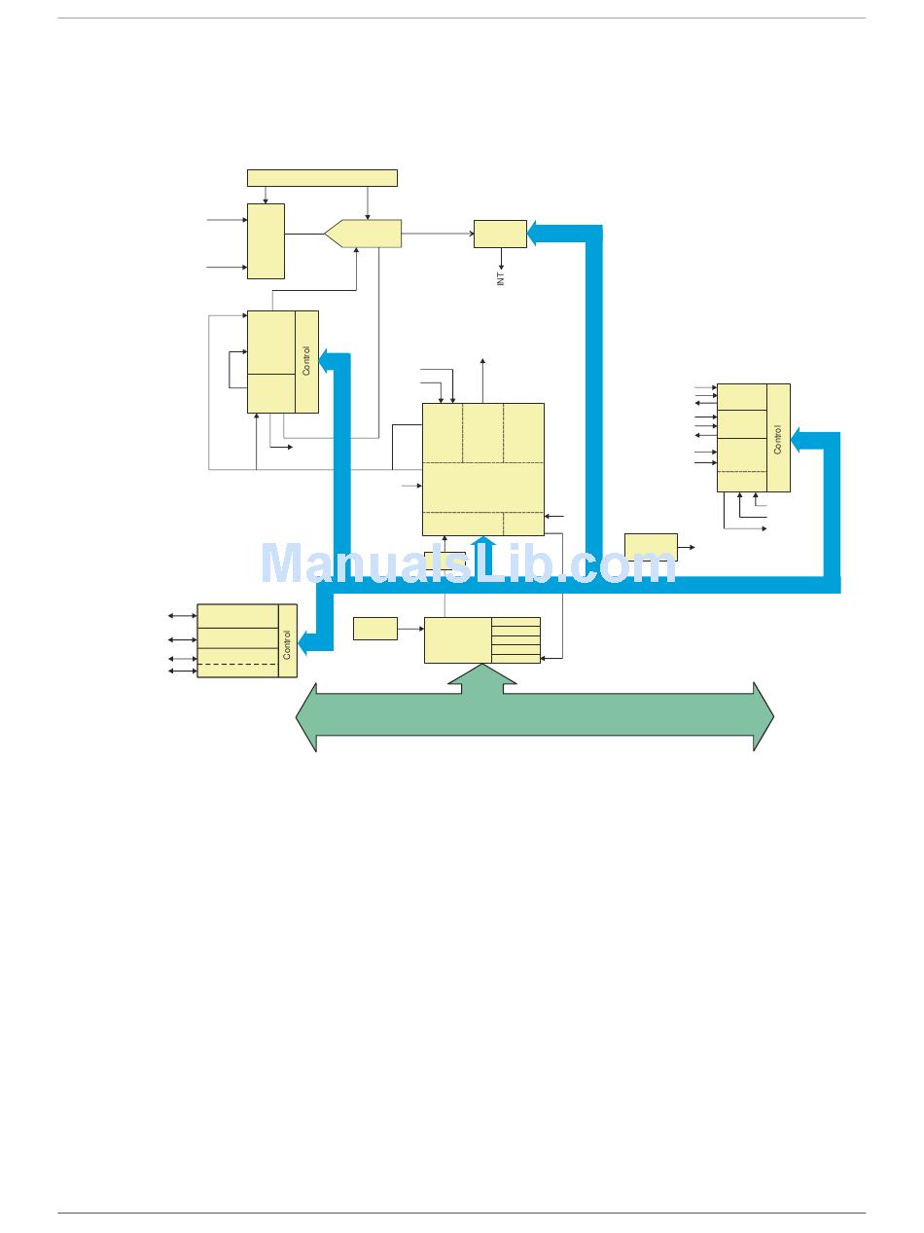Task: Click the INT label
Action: pos(501,279)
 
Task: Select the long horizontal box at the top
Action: pos(322,177)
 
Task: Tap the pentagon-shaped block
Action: pos(364,234)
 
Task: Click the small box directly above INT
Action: pos(500,234)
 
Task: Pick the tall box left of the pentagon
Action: pos(266,240)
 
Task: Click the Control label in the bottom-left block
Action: pos(287,644)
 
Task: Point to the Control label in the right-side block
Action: pos(777,439)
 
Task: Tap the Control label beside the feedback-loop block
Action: pos(306,361)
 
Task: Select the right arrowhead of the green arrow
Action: pos(764,716)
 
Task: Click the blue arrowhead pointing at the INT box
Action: pos(536,234)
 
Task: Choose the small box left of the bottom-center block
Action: pos(374,628)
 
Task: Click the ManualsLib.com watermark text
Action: pos(469,563)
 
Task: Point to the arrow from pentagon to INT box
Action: pos(438,234)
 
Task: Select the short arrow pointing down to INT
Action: pos(501,259)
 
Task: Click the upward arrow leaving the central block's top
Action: pos(483,380)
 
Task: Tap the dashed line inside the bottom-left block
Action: pos(237,664)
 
